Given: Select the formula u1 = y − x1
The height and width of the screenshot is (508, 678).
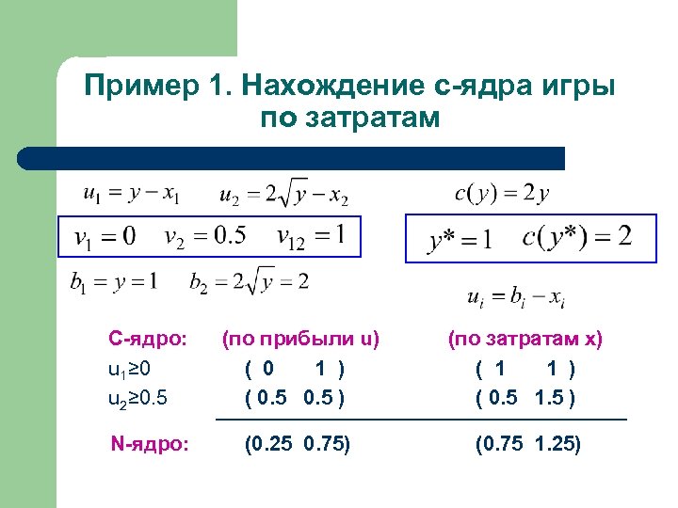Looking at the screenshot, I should pyautogui.click(x=131, y=195).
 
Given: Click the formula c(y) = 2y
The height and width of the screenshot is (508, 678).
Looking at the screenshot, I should pyautogui.click(x=502, y=195).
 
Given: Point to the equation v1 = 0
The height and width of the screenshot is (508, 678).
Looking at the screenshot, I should pyautogui.click(x=105, y=234).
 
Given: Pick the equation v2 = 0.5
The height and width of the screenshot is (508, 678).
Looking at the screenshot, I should pyautogui.click(x=205, y=234).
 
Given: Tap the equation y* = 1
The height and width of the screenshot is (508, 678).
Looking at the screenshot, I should pyautogui.click(x=460, y=239).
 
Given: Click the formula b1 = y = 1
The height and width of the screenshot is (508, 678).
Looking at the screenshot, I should pyautogui.click(x=113, y=280).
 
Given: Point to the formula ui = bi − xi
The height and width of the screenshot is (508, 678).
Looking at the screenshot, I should pyautogui.click(x=516, y=298).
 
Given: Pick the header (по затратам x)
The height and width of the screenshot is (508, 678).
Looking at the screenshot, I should pyautogui.click(x=525, y=338).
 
